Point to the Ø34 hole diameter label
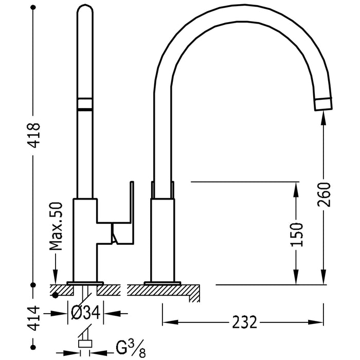86,312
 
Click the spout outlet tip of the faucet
323,103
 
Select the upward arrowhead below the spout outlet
323,117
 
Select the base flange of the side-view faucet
163,282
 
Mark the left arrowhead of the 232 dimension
167,323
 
